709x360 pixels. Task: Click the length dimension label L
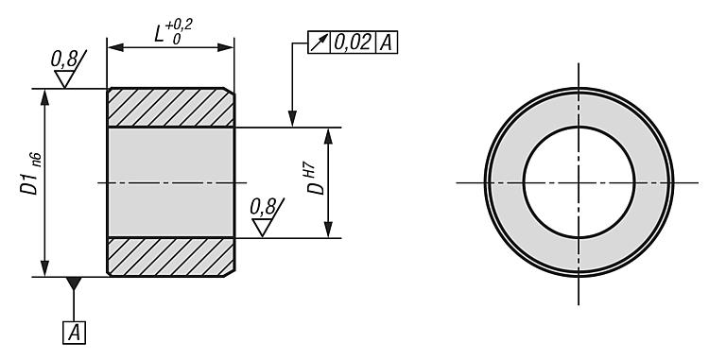tap(159, 33)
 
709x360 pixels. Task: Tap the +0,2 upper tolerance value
tap(180, 25)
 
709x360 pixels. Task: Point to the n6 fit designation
tap(37, 161)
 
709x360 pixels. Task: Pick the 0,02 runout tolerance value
tap(353, 43)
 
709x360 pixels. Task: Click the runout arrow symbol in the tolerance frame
tap(320, 43)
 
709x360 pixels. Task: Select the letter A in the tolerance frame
tap(386, 43)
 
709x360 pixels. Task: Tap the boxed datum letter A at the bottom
tap(74, 334)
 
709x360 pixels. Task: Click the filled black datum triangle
tap(74, 283)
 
